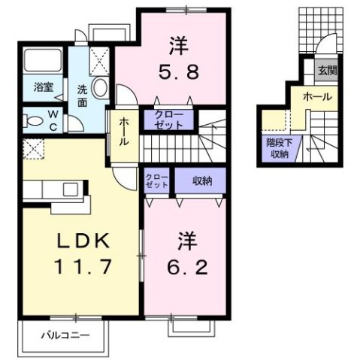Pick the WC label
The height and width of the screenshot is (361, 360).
54,119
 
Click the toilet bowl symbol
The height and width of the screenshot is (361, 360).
32,119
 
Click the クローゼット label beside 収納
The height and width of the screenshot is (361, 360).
158,181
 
